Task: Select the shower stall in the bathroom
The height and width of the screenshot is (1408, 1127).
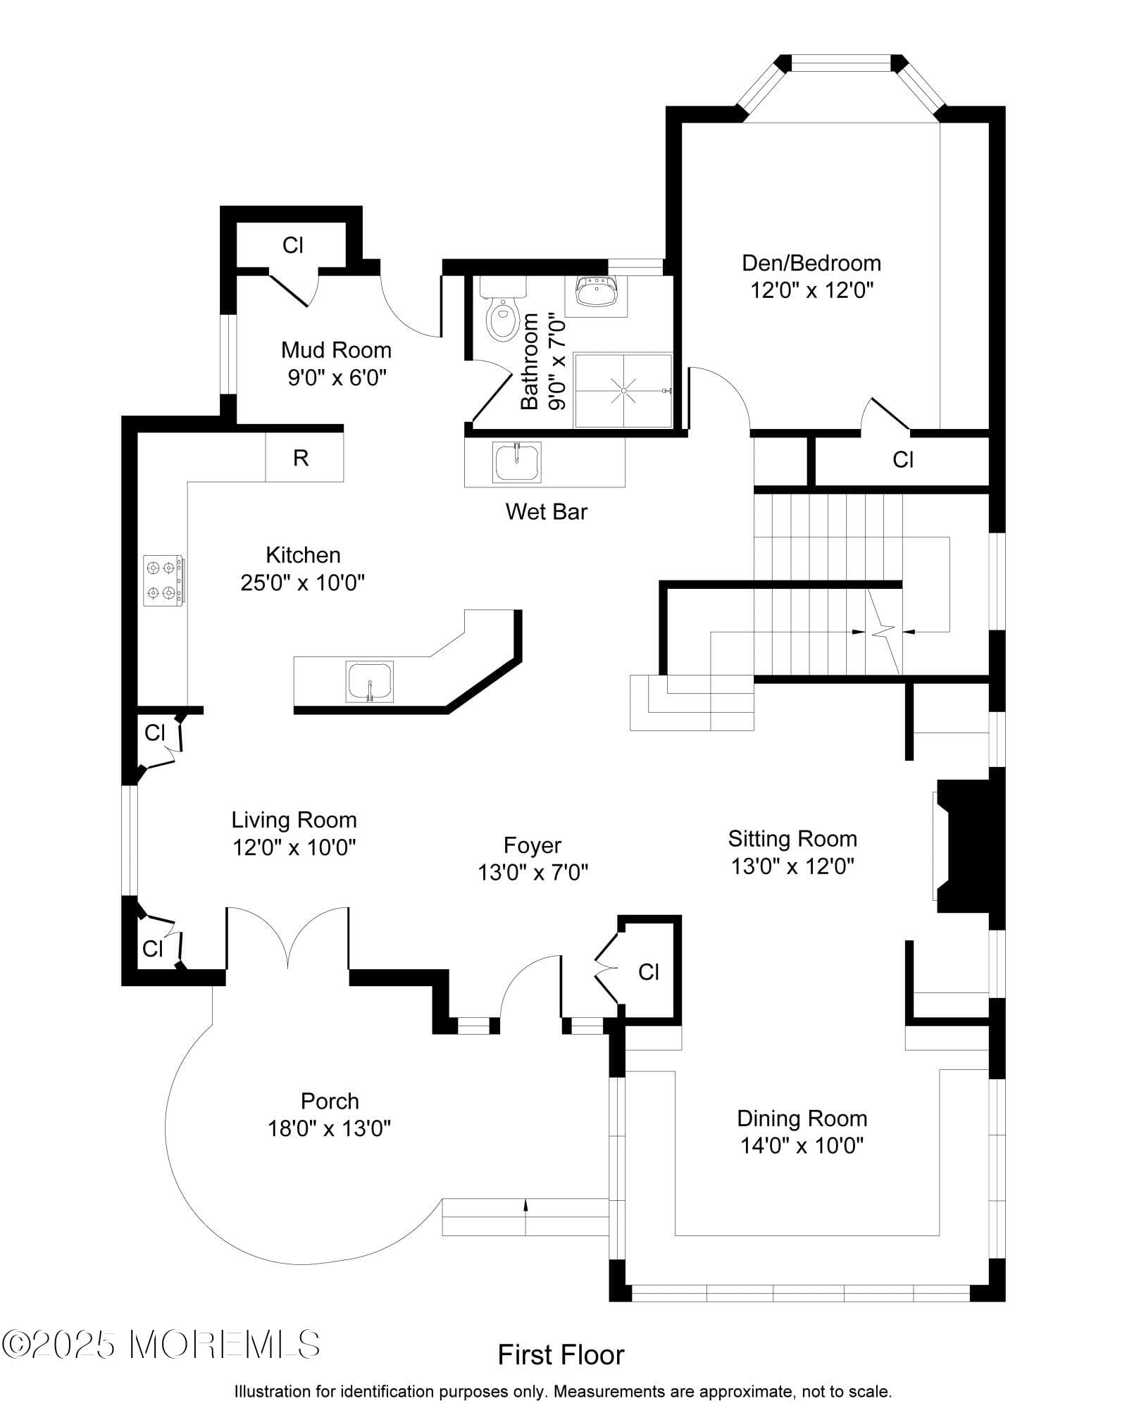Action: (x=623, y=390)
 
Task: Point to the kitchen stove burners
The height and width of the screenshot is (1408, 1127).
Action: (x=163, y=580)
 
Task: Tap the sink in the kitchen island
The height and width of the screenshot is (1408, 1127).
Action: (x=370, y=681)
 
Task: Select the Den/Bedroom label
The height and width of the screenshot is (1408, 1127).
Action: (x=811, y=263)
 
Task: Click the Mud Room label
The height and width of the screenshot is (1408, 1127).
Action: (x=336, y=349)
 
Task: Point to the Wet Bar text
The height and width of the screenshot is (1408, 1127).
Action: (x=546, y=511)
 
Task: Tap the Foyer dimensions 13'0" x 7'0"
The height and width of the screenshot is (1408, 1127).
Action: (x=533, y=873)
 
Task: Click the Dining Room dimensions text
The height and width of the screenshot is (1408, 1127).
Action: (x=802, y=1146)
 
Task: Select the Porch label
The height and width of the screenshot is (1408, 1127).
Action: (x=330, y=1101)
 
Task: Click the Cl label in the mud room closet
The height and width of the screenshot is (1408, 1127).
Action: (x=292, y=245)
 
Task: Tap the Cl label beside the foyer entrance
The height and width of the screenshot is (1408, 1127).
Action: (x=649, y=972)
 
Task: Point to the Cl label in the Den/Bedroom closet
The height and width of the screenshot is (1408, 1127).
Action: (x=903, y=459)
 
